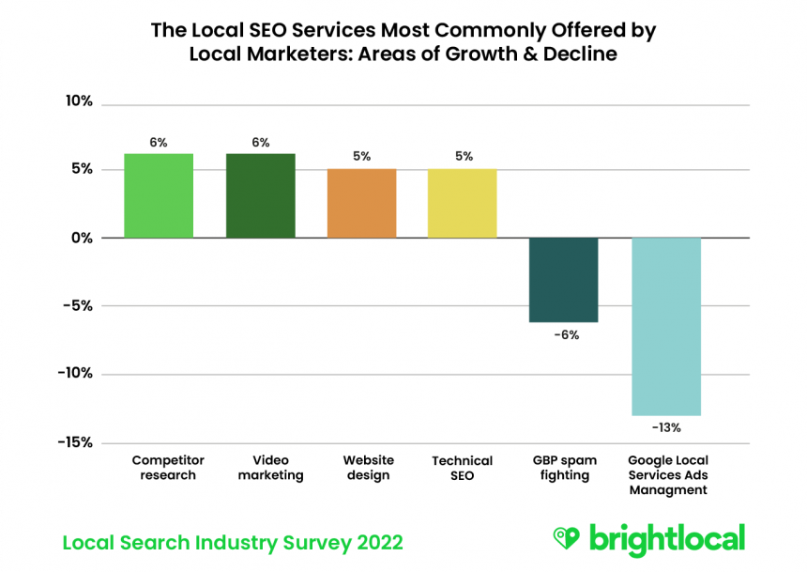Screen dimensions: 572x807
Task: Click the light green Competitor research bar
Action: (x=159, y=195)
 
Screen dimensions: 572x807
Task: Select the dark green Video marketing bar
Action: (x=260, y=195)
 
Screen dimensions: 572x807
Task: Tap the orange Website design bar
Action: (x=361, y=203)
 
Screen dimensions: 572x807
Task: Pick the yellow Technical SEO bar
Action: (x=463, y=203)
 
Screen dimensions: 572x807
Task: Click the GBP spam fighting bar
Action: (x=564, y=280)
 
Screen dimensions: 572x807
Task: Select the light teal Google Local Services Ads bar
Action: (x=665, y=326)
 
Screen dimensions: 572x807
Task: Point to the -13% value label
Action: (x=665, y=427)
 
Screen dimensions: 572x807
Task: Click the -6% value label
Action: (x=565, y=334)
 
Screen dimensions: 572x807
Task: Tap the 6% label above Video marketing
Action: (x=260, y=143)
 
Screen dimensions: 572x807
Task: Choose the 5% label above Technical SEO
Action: (x=464, y=157)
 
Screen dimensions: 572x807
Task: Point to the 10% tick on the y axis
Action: (x=80, y=101)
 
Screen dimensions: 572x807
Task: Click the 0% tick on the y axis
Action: (x=83, y=238)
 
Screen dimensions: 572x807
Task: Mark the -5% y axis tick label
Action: (x=79, y=305)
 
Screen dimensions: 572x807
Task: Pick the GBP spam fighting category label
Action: (x=564, y=468)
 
